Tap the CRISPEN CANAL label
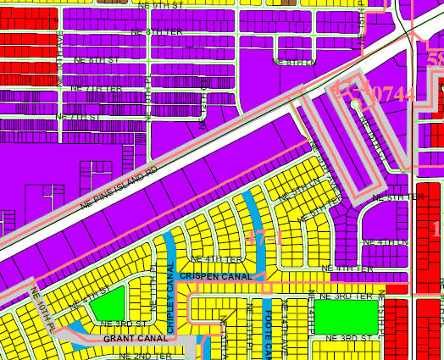click(214, 276)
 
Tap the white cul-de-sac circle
click(357, 105)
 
